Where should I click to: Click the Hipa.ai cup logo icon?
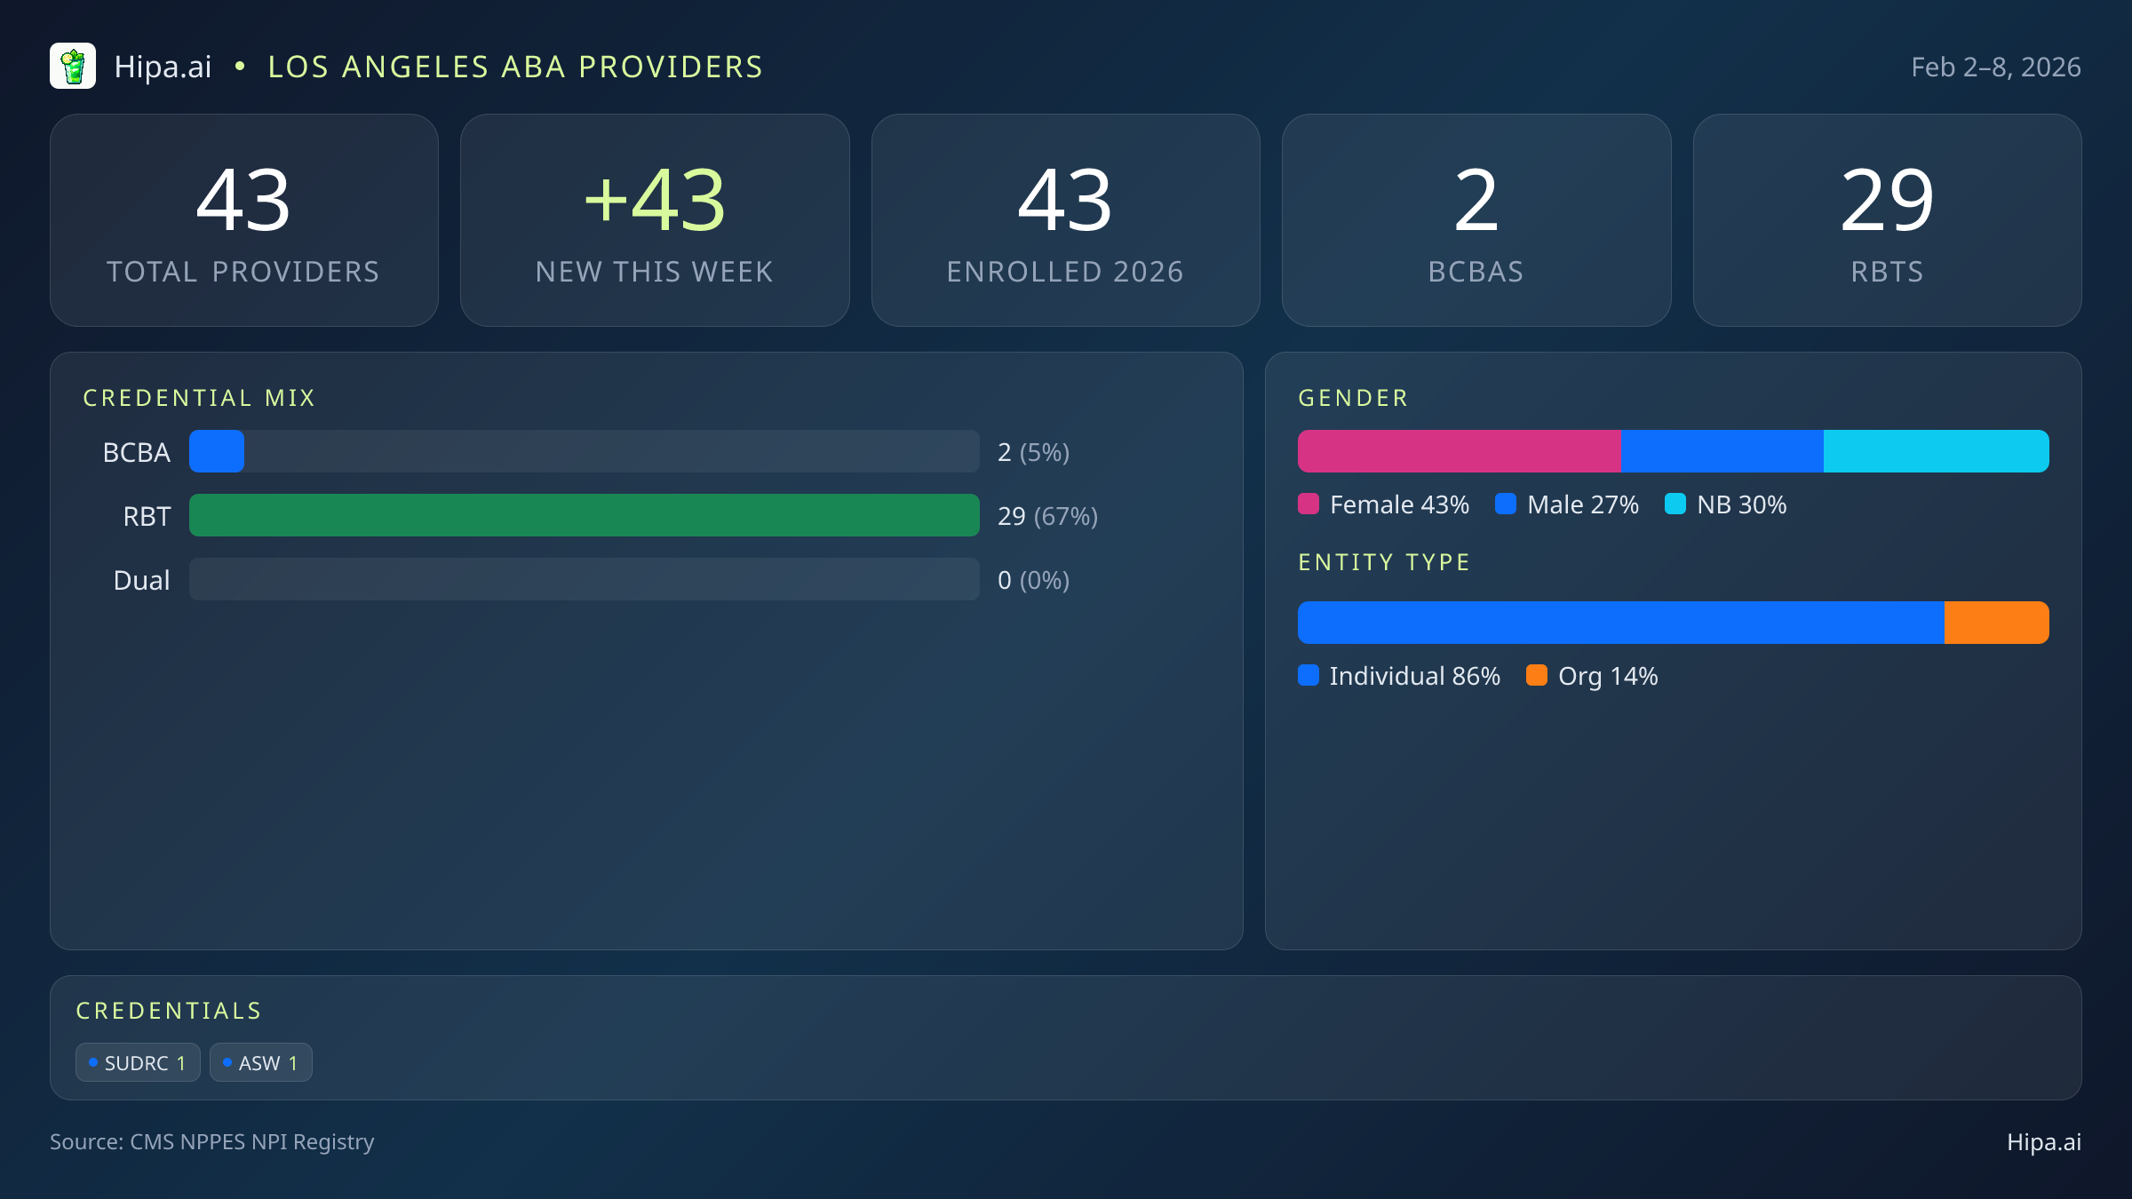(73, 67)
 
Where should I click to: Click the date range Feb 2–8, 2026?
(1995, 67)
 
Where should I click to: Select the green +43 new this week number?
(655, 201)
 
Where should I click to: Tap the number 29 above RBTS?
(1887, 201)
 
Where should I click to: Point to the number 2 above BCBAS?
(1476, 201)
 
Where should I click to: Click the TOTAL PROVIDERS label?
(243, 272)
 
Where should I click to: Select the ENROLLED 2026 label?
(1065, 272)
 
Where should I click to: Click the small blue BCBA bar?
(217, 451)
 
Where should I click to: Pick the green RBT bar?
(584, 515)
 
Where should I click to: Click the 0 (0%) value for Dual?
(1033, 580)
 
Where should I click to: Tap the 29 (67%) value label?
(1047, 516)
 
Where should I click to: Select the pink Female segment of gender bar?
(1459, 451)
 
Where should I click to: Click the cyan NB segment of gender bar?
(1936, 451)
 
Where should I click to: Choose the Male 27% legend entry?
(1567, 504)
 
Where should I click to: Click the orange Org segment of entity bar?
(1996, 623)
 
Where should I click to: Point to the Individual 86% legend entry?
(1399, 676)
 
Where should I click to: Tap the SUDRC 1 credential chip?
(138, 1062)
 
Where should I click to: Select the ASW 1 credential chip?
(260, 1062)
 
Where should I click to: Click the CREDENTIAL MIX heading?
(199, 398)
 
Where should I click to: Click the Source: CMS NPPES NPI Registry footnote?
(211, 1142)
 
